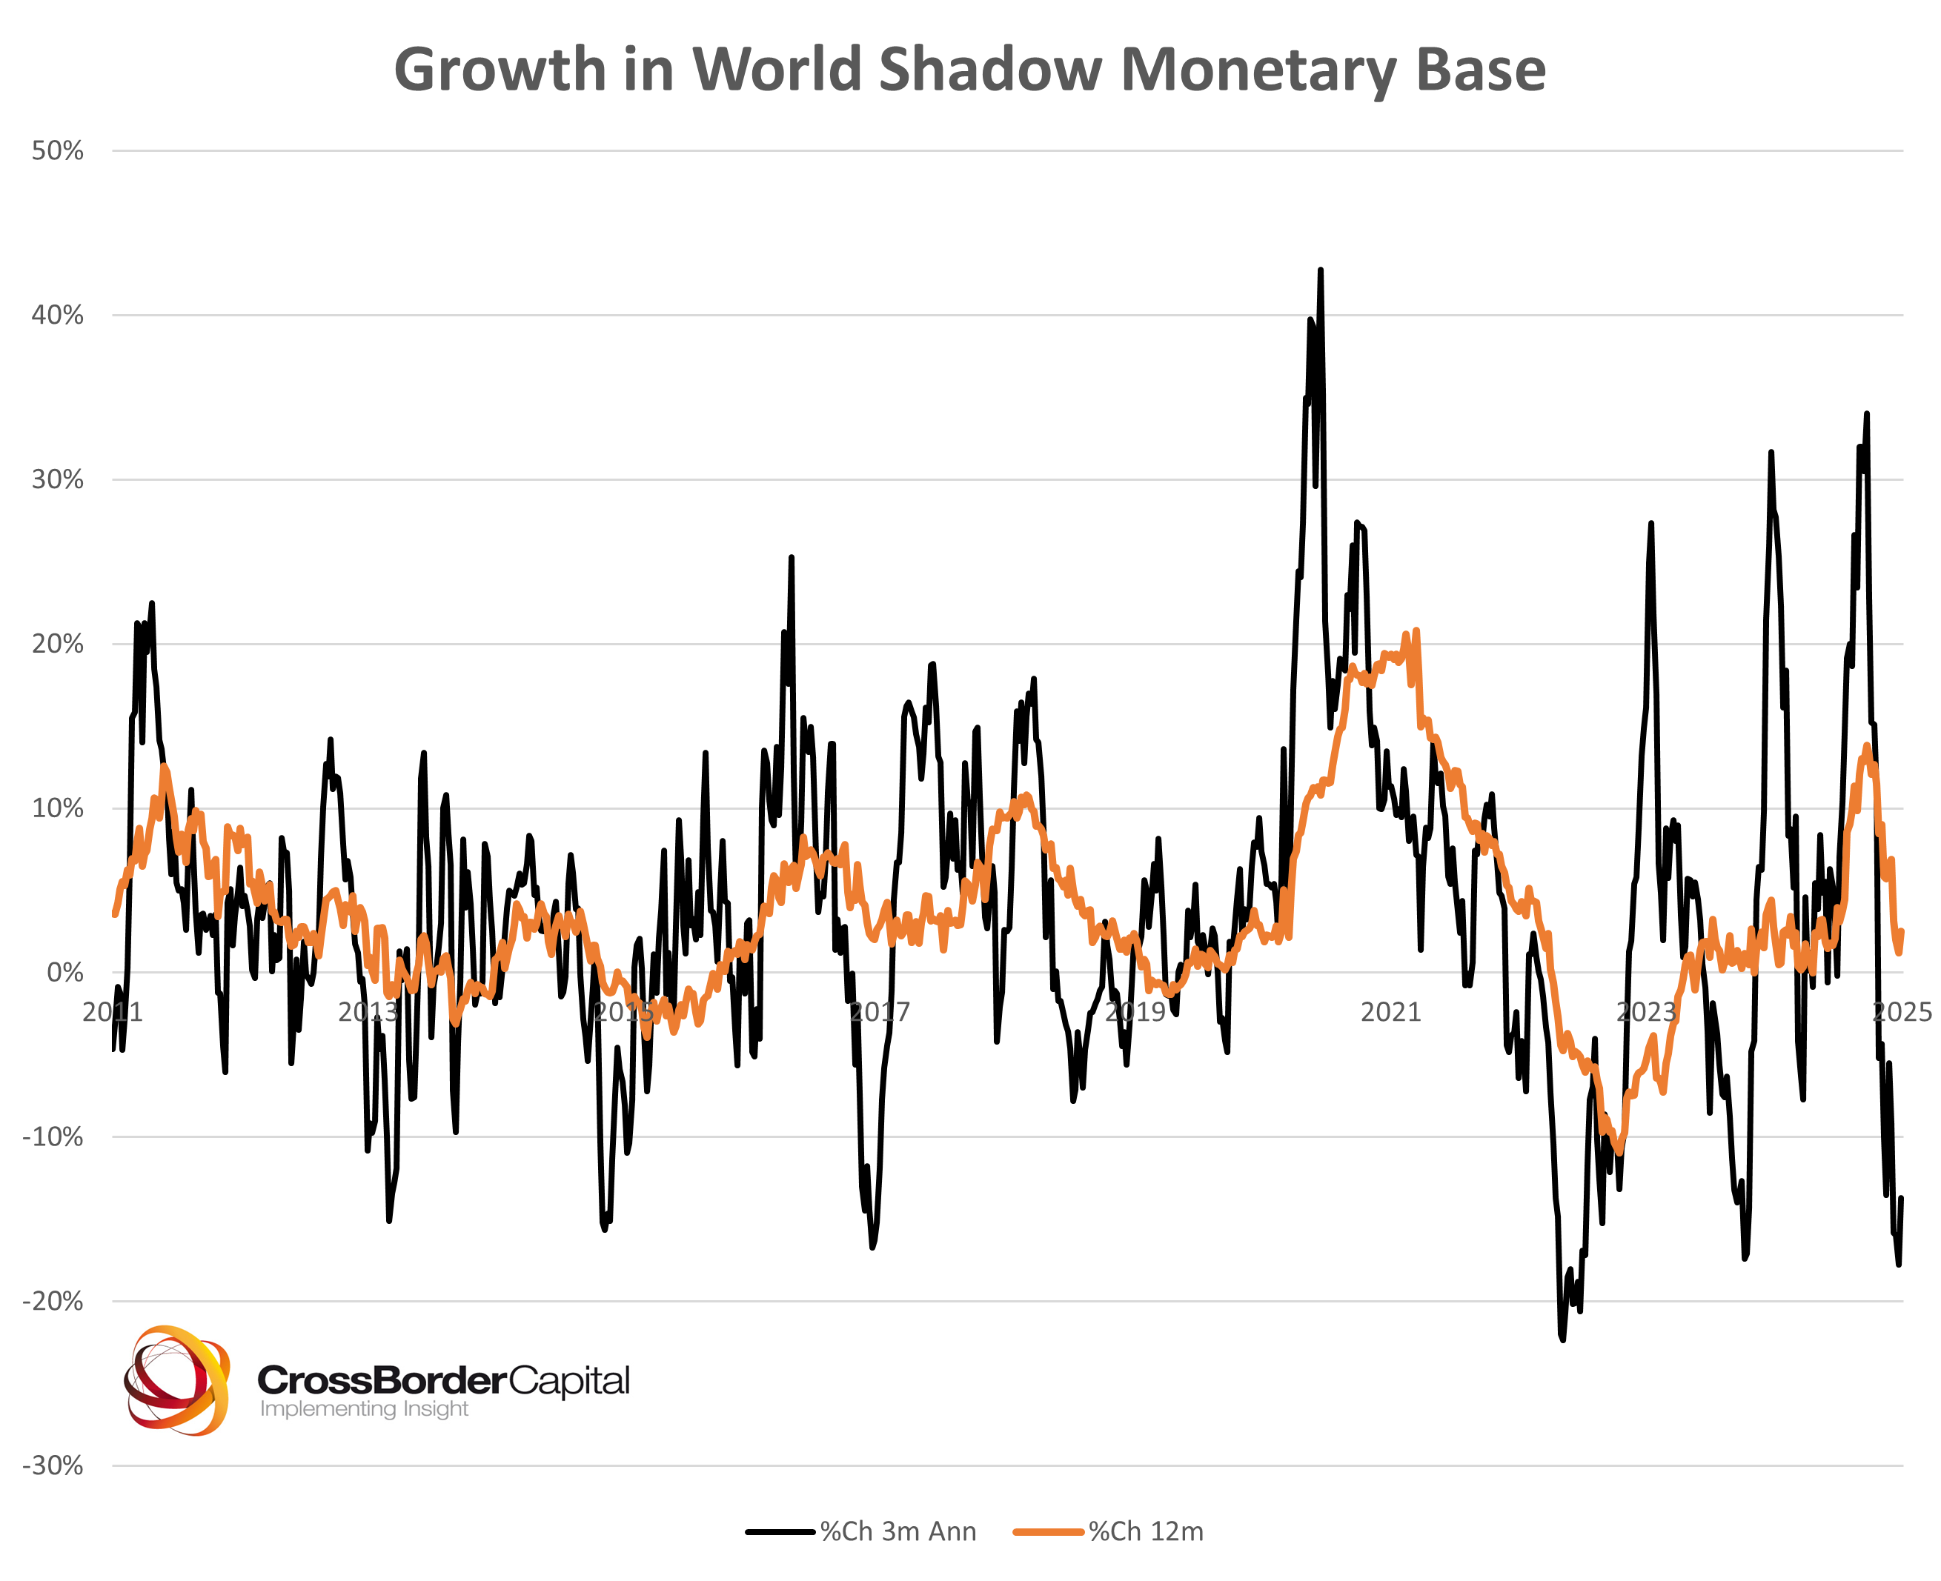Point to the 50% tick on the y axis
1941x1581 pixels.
click(x=57, y=151)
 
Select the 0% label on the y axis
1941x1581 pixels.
click(x=64, y=973)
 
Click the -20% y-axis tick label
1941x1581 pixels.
click(x=53, y=1302)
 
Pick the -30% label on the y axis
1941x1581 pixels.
click(x=53, y=1465)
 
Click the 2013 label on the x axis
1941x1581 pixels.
click(x=368, y=1012)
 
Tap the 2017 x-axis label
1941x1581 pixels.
click(x=879, y=1012)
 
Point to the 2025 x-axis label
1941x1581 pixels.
click(x=1902, y=1012)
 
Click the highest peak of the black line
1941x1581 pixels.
click(x=1320, y=270)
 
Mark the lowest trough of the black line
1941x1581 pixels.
click(x=1562, y=1339)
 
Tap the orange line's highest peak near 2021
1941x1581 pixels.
click(x=1416, y=630)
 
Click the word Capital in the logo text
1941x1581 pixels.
click(x=568, y=1381)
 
